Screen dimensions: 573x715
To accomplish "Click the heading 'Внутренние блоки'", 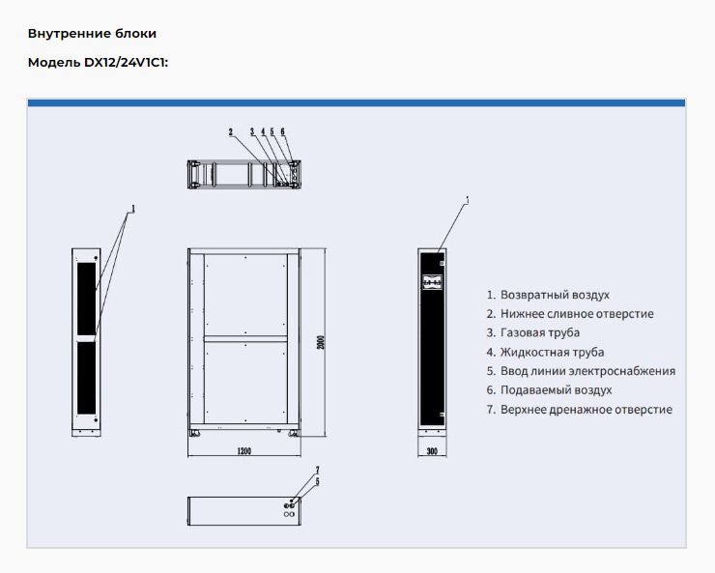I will click(92, 34).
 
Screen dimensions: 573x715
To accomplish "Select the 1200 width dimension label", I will click(244, 450).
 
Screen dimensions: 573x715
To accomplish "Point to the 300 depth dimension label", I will click(431, 450).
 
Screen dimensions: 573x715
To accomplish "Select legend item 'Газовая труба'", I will click(540, 333).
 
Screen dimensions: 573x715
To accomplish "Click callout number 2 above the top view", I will click(231, 131).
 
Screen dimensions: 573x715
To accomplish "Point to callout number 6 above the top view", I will click(282, 131).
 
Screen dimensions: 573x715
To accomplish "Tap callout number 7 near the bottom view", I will click(317, 471).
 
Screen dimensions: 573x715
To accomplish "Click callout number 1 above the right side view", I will click(466, 201).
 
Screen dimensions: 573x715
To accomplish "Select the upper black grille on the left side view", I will click(85, 292).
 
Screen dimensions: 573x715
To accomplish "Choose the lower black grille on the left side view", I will click(85, 376).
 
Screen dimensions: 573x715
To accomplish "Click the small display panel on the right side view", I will click(432, 283).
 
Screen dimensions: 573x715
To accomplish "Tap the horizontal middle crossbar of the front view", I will click(245, 337).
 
